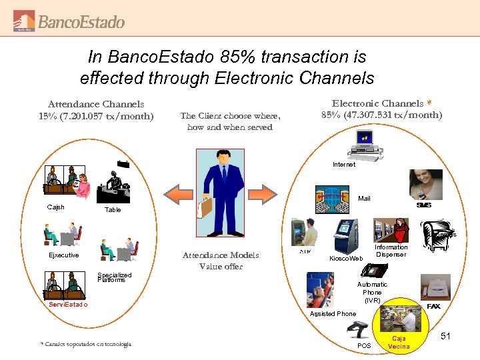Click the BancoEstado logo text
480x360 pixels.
pyautogui.click(x=81, y=22)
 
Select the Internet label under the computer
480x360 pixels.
pyautogui.click(x=344, y=164)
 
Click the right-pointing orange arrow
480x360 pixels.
pyautogui.click(x=261, y=194)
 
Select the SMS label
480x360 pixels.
pyautogui.click(x=423, y=205)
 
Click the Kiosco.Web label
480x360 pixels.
pyautogui.click(x=347, y=258)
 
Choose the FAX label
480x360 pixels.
pyautogui.click(x=433, y=306)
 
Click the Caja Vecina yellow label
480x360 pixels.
pyautogui.click(x=399, y=343)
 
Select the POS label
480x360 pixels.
pyautogui.click(x=364, y=346)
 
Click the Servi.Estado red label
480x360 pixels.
pyautogui.click(x=68, y=305)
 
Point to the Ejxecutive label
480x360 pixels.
pyautogui.click(x=63, y=255)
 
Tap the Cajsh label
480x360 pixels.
pyautogui.click(x=56, y=207)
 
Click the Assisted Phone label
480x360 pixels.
pyautogui.click(x=333, y=313)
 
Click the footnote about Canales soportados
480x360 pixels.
pyautogui.click(x=86, y=344)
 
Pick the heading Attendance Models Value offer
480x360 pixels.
pyautogui.click(x=221, y=261)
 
